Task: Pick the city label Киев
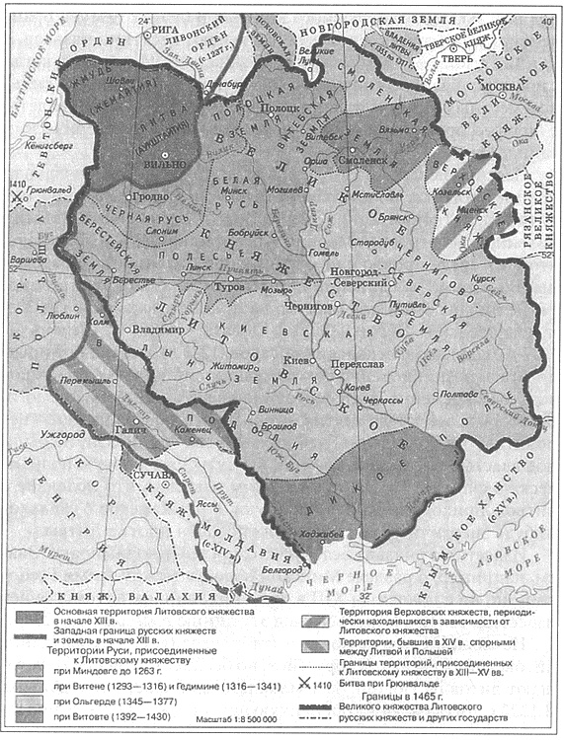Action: pyautogui.click(x=293, y=360)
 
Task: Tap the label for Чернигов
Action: pyautogui.click(x=308, y=307)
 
